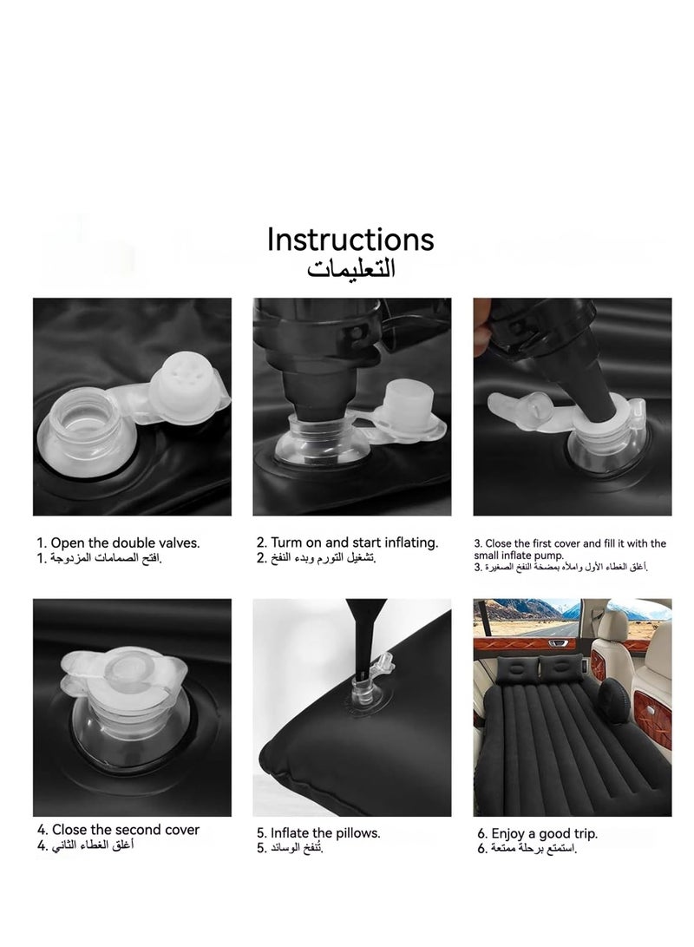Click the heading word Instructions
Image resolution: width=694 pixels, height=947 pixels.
[x=350, y=240]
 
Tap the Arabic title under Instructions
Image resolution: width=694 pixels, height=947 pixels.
[x=350, y=267]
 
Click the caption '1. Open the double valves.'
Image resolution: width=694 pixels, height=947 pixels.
[x=118, y=543]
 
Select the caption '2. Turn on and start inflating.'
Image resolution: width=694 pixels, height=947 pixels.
[x=348, y=543]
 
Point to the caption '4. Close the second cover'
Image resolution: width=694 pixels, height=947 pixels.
[x=118, y=829]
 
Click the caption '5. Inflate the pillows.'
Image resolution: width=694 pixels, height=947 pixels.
[x=318, y=832]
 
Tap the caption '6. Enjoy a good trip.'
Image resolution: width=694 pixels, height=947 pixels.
[x=537, y=833]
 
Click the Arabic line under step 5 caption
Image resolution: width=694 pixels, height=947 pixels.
[x=290, y=848]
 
